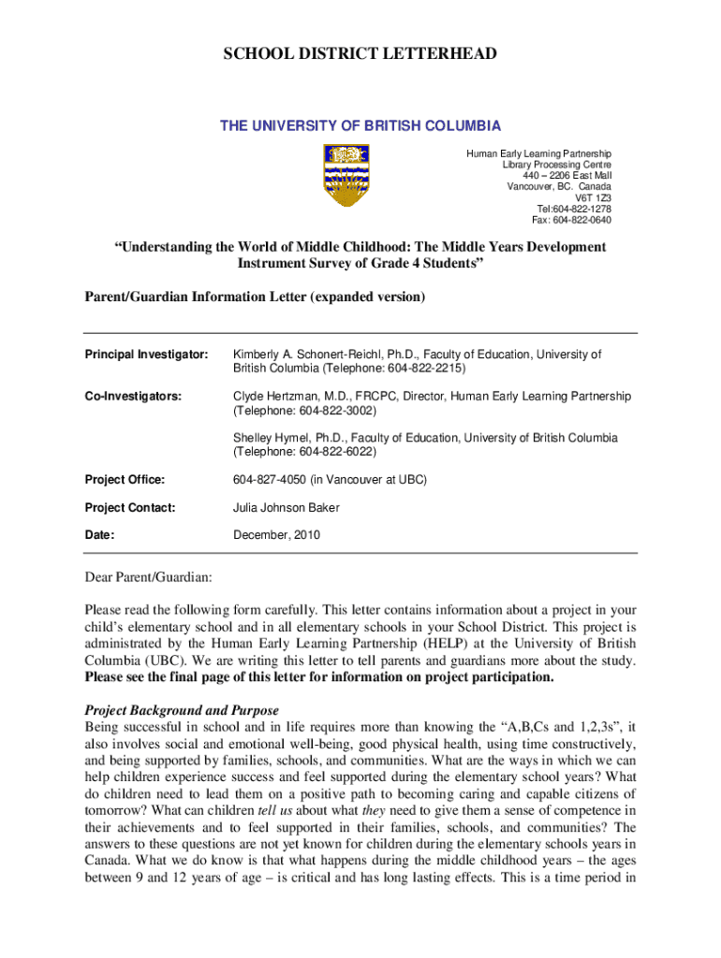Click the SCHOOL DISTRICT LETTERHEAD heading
click(360, 55)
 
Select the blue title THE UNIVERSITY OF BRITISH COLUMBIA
click(360, 126)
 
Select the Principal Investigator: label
click(146, 356)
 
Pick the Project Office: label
click(125, 480)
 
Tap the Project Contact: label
click(130, 508)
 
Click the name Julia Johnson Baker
click(286, 508)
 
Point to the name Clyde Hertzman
click(274, 397)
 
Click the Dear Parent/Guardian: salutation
click(148, 576)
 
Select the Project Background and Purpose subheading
click(182, 710)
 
